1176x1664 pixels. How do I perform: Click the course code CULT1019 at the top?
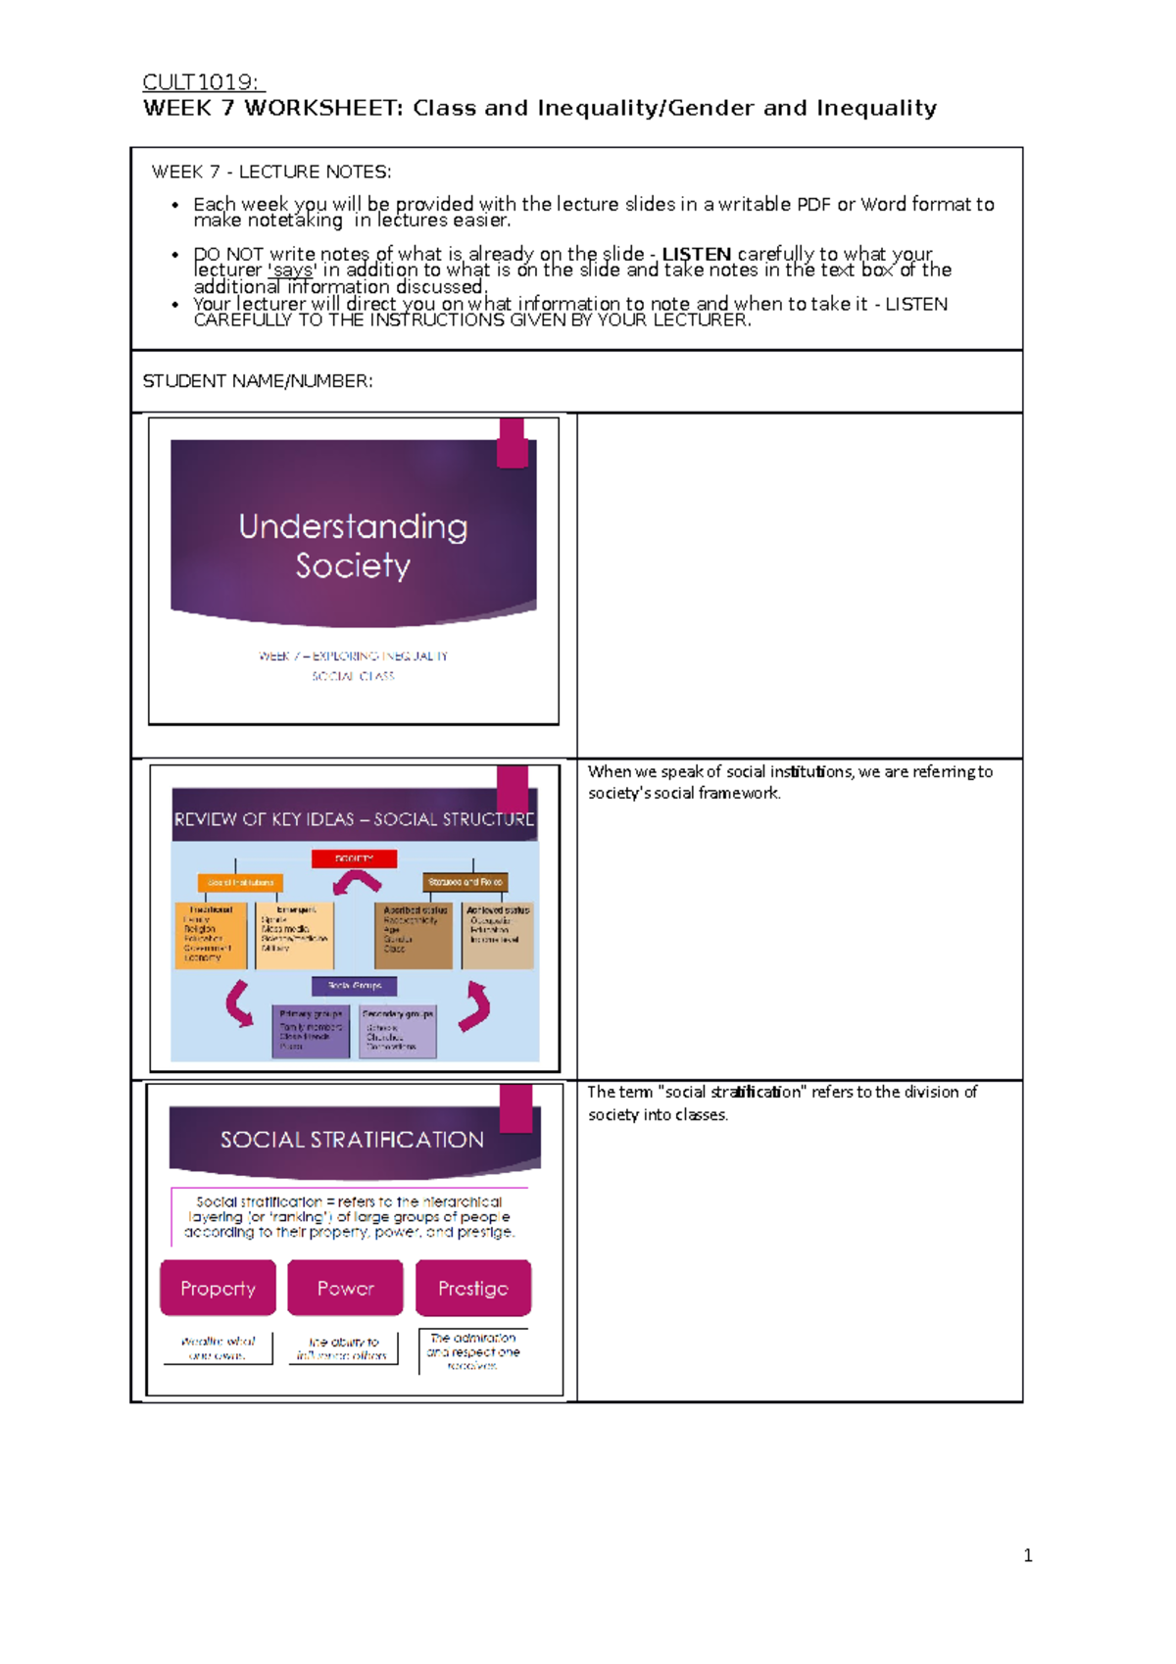click(202, 82)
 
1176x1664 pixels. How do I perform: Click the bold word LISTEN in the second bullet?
click(696, 254)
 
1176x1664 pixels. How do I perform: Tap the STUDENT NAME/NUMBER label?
click(258, 381)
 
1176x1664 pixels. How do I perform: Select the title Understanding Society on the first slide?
click(353, 545)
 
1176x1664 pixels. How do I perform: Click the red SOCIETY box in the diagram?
click(354, 858)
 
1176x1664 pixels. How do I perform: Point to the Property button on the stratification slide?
click(218, 1288)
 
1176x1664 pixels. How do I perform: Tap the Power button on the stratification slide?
click(345, 1288)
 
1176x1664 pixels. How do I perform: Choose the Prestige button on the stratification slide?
click(472, 1288)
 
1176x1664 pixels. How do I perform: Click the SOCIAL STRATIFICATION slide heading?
click(352, 1140)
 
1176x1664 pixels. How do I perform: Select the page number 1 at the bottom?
click(1027, 1555)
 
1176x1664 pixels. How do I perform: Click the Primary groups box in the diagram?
click(311, 1031)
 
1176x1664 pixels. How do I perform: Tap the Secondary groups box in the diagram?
click(397, 1031)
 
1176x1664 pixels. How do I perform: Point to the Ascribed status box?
click(415, 935)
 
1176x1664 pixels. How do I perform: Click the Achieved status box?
click(498, 933)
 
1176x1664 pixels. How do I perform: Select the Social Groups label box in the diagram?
click(354, 986)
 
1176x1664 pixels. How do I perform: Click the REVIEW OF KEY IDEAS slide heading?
click(354, 819)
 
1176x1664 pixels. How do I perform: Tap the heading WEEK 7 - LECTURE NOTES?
click(270, 172)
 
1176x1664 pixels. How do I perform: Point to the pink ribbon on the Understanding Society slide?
click(513, 443)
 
